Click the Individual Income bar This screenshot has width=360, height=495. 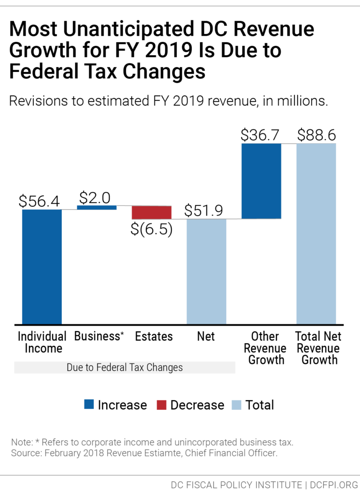pyautogui.click(x=42, y=266)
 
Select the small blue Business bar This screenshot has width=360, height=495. pyautogui.click(x=97, y=207)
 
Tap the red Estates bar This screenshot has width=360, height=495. pyautogui.click(x=151, y=212)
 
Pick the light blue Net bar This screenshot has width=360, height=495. pyautogui.click(x=206, y=271)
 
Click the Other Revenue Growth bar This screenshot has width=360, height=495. pyautogui.click(x=261, y=181)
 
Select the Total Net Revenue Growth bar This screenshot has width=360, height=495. pyautogui.click(x=316, y=233)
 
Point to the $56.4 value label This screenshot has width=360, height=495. pyautogui.click(x=40, y=201)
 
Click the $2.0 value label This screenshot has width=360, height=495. pyautogui.click(x=95, y=197)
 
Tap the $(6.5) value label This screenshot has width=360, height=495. pyautogui.click(x=152, y=229)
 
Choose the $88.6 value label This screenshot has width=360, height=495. pyautogui.click(x=317, y=135)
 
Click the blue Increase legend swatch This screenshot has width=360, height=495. pyautogui.click(x=89, y=405)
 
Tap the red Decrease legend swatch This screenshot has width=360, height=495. pyautogui.click(x=161, y=405)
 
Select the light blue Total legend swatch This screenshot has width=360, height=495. pyautogui.click(x=237, y=405)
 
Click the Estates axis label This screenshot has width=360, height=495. pyautogui.click(x=154, y=336)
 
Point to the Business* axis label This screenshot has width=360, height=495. pyautogui.click(x=99, y=336)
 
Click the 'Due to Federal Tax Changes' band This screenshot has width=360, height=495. pyautogui.click(x=125, y=367)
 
